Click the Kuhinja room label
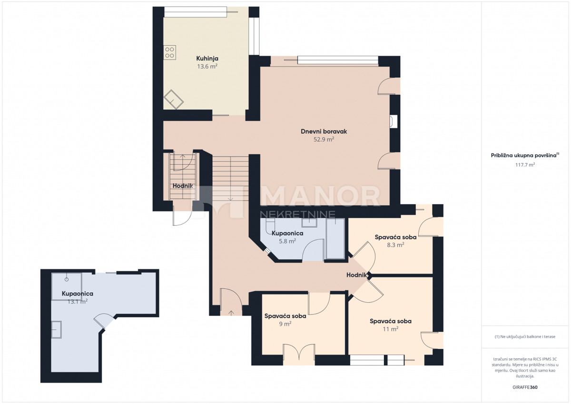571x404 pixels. point(207,59)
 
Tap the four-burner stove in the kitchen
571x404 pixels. point(169,52)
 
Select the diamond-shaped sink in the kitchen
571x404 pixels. point(174,99)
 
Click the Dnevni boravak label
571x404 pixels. point(324,131)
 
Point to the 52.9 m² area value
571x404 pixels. point(324,139)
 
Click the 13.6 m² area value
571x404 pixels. point(207,67)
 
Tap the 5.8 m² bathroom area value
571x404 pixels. point(287,241)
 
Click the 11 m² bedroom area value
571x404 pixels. point(391,329)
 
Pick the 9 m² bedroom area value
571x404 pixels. point(285,324)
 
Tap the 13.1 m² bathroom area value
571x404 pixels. point(78,302)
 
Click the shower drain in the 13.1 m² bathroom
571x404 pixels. point(67,279)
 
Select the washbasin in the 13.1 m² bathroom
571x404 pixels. point(56,330)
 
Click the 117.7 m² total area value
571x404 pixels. point(525,165)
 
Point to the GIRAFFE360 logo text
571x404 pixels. point(525,387)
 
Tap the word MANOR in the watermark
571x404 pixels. point(320,196)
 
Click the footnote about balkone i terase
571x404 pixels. point(525,337)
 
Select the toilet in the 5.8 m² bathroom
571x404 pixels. point(269,226)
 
